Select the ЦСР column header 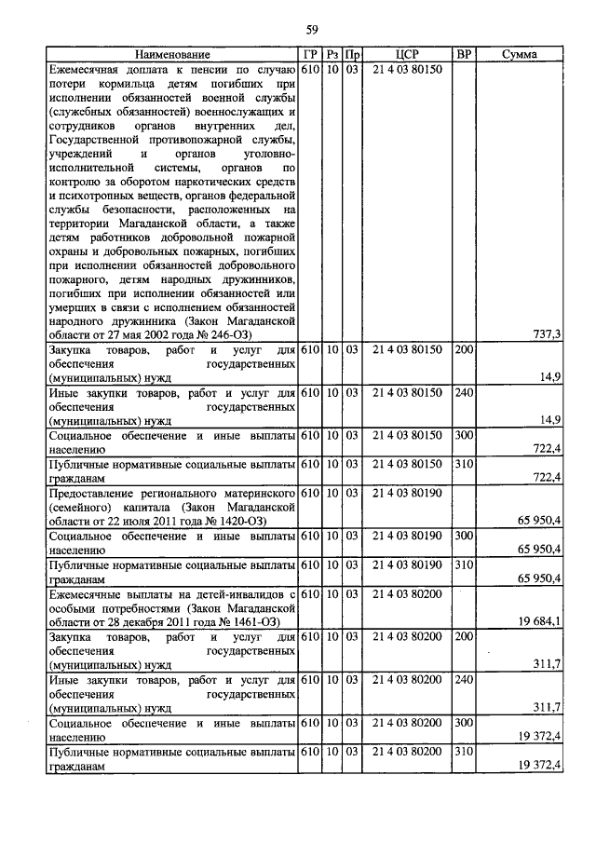405,55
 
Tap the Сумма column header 518,55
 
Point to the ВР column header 464,55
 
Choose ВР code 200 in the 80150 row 464,350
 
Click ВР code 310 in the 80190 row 464,564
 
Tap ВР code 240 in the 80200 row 464,681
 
